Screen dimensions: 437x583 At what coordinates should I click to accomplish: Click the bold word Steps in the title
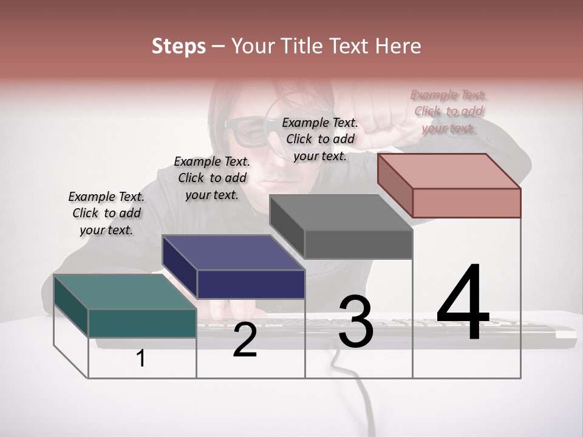(x=179, y=46)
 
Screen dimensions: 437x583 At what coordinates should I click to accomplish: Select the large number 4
(x=463, y=303)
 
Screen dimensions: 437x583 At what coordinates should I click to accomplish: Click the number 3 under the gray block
(x=356, y=322)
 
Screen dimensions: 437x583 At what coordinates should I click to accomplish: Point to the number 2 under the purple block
(x=245, y=340)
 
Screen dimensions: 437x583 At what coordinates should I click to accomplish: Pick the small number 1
(x=141, y=359)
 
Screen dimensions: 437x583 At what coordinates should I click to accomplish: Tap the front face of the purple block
(x=251, y=284)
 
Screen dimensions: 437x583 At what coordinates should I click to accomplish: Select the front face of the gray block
(x=358, y=245)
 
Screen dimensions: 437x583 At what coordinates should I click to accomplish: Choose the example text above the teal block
(x=106, y=213)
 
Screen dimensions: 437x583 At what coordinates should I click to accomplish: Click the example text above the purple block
(x=212, y=178)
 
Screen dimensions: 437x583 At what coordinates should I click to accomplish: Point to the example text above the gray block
(x=320, y=139)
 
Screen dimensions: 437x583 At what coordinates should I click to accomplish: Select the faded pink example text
(x=448, y=111)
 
